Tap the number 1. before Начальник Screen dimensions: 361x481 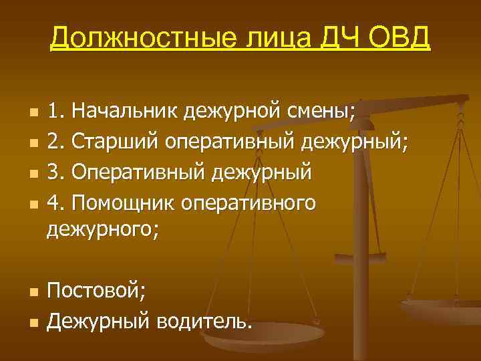pos(55,109)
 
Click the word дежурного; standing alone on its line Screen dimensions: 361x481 pos(103,231)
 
